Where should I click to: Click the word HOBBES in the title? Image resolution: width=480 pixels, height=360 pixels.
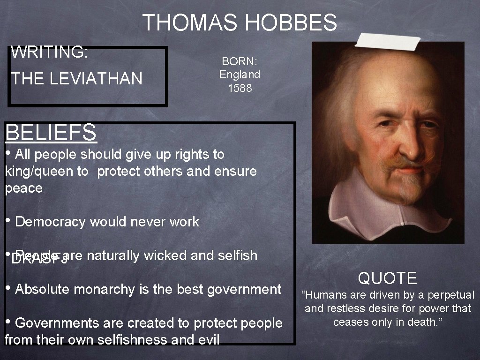[291, 22]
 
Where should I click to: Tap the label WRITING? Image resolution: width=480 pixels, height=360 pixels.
[49, 52]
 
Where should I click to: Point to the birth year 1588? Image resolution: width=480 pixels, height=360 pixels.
[240, 88]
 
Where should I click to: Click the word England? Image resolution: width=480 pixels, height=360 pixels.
[240, 75]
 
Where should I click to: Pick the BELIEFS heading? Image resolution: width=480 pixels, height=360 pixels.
[51, 132]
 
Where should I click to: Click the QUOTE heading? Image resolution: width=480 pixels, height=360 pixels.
[387, 278]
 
